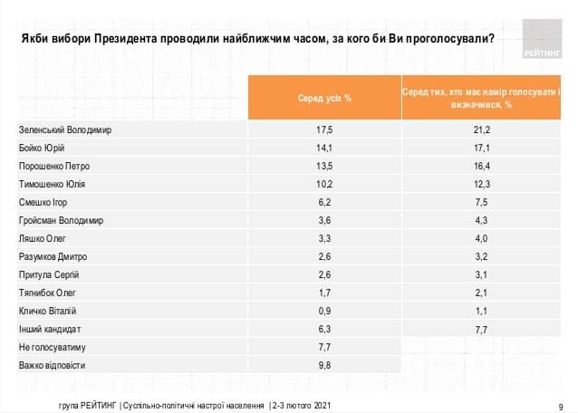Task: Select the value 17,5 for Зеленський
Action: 324,130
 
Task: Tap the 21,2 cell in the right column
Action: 482,130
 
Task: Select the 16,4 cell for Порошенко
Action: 482,167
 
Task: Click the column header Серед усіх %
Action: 324,96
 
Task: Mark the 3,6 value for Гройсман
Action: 324,220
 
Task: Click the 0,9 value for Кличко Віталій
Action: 324,310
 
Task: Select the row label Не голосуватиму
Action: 51,347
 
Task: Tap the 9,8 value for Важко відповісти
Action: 324,365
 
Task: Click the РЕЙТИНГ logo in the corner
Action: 544,42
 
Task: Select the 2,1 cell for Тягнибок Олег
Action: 482,293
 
